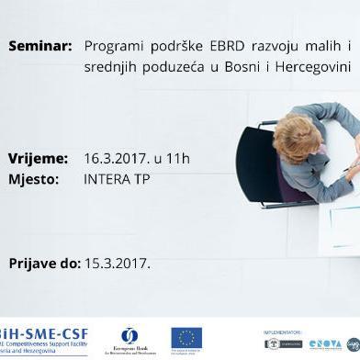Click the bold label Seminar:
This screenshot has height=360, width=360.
point(39,44)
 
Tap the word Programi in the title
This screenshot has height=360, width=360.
point(110,44)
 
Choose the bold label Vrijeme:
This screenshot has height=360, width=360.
point(38,158)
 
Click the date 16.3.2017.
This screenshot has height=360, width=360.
point(112,158)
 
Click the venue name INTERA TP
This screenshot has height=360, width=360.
point(114,179)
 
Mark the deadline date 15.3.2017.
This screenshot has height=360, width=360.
point(117,264)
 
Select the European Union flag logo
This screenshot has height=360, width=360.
point(186,337)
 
